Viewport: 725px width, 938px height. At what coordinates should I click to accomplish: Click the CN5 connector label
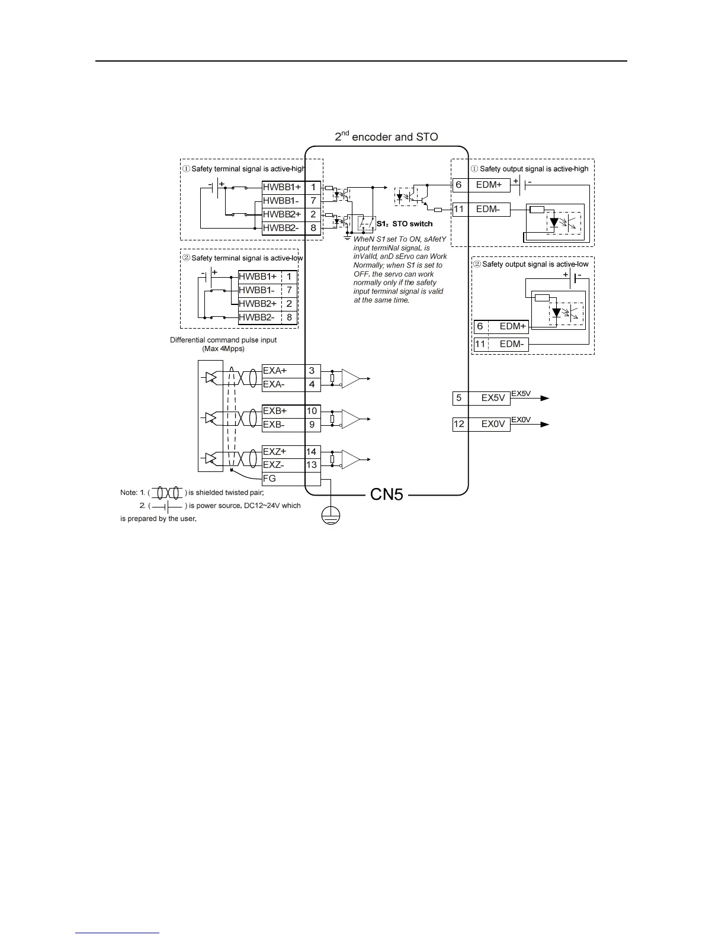(386, 494)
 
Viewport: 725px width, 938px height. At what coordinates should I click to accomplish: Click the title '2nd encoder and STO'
(386, 137)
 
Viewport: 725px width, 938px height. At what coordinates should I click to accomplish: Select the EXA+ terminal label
(275, 371)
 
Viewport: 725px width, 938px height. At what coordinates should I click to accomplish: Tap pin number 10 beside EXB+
(312, 411)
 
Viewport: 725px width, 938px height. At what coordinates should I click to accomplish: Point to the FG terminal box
(291, 478)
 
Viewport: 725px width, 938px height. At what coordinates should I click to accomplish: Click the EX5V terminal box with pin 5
(481, 398)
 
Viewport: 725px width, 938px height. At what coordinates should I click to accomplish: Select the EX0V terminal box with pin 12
(481, 424)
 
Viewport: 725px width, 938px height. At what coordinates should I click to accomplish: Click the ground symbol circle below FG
(331, 516)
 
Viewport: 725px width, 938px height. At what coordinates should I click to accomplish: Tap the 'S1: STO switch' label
(405, 224)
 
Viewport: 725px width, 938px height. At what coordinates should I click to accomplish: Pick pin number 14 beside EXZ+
(311, 452)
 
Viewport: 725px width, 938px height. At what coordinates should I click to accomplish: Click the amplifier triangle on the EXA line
(351, 378)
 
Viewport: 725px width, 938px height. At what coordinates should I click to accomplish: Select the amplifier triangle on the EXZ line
(351, 460)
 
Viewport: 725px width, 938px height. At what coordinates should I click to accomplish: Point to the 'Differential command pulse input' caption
(223, 340)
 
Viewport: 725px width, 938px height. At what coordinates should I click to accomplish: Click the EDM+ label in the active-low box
(512, 326)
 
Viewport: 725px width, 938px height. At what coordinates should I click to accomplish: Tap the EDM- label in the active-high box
(488, 209)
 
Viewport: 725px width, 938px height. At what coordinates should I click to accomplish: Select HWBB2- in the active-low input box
(256, 317)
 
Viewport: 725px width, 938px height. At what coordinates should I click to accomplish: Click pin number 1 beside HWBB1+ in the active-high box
(313, 187)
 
